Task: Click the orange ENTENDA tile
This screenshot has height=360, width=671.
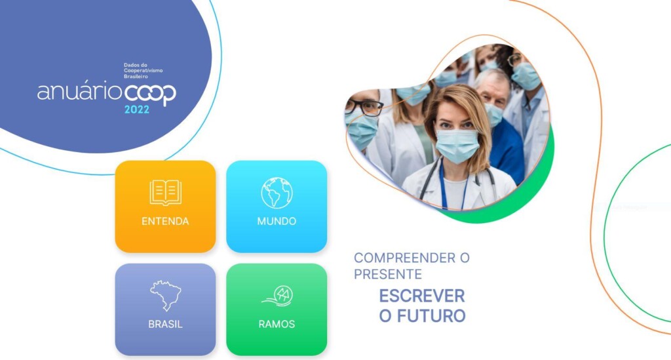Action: click(x=165, y=207)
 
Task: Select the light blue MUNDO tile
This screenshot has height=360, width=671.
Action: click(x=277, y=207)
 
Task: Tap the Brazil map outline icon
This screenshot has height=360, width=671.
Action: click(x=165, y=296)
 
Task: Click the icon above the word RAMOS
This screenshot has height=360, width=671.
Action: click(x=278, y=296)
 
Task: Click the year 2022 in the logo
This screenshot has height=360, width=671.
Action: click(x=137, y=110)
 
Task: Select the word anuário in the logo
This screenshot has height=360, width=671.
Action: click(x=79, y=92)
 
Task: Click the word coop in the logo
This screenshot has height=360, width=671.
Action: click(x=150, y=93)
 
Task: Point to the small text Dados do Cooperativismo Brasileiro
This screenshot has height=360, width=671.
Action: click(x=144, y=71)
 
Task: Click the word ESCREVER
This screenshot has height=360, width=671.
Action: click(x=422, y=296)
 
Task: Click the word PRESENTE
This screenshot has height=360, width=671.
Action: click(x=388, y=274)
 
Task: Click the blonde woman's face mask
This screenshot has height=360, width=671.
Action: click(x=457, y=145)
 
